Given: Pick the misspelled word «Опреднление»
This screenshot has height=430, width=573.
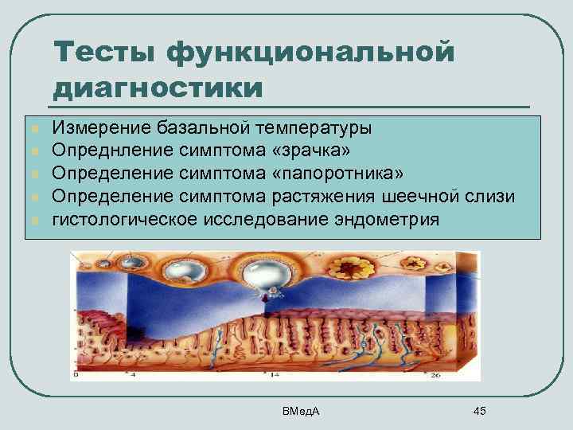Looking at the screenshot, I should click(110, 150).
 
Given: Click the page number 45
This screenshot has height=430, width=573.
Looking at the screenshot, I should click(479, 410).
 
